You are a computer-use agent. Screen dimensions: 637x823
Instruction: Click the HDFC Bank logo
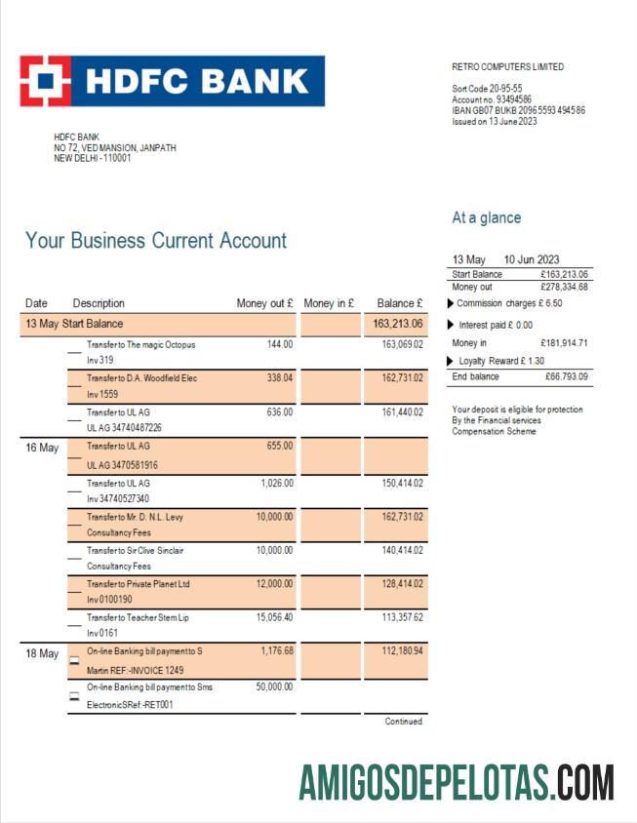pyautogui.click(x=172, y=81)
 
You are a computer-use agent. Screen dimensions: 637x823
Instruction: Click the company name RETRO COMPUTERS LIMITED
pyautogui.click(x=507, y=67)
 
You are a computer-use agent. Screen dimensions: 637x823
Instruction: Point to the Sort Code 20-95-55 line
pyautogui.click(x=486, y=89)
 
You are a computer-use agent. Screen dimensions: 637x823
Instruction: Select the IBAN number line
pyautogui.click(x=518, y=110)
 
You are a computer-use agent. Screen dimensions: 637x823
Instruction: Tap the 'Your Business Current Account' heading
pyautogui.click(x=156, y=241)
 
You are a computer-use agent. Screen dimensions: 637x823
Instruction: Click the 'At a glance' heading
pyautogui.click(x=486, y=217)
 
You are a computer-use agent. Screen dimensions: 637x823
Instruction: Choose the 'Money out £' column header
pyautogui.click(x=264, y=303)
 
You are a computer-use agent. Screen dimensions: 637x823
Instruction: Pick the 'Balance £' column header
pyautogui.click(x=399, y=303)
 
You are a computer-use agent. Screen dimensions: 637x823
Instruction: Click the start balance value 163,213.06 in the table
pyautogui.click(x=397, y=324)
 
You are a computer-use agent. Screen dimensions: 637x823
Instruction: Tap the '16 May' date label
pyautogui.click(x=42, y=449)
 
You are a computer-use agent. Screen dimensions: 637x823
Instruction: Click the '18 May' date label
pyautogui.click(x=42, y=654)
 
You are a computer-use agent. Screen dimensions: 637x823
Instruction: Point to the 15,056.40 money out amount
pyautogui.click(x=273, y=617)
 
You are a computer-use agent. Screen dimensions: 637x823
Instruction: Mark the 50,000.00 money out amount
pyautogui.click(x=272, y=686)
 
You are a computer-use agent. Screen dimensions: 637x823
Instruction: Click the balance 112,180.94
pyautogui.click(x=402, y=651)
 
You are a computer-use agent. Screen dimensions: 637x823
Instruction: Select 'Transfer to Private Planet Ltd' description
pyautogui.click(x=138, y=583)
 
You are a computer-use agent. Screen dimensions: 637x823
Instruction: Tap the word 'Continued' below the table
pyautogui.click(x=403, y=722)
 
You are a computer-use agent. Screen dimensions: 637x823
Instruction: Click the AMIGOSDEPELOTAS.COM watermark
pyautogui.click(x=457, y=782)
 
